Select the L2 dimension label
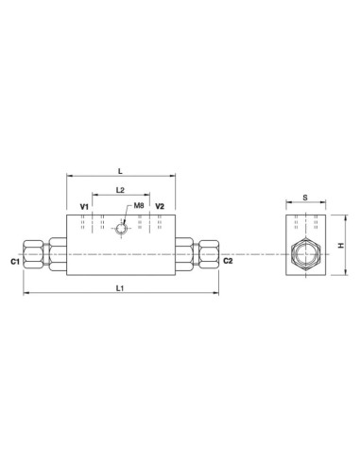[120, 190]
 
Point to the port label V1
[83, 205]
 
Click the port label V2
[160, 205]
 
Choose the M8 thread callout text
[138, 205]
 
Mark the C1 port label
[14, 260]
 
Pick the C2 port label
[228, 260]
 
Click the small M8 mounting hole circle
[120, 227]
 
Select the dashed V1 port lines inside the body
[87, 222]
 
